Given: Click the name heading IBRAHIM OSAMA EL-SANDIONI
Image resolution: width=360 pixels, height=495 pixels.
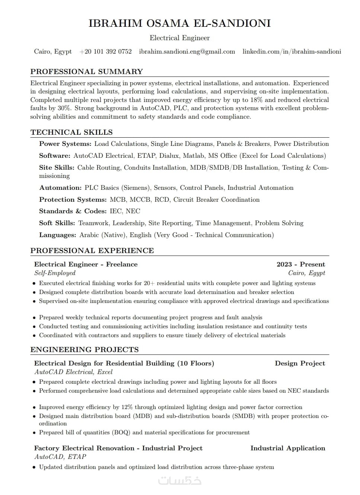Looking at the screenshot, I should tap(180, 23).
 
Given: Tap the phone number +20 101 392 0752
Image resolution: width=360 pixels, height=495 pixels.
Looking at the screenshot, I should tap(106, 52).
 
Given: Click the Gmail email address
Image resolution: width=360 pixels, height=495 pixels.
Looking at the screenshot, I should tap(187, 52).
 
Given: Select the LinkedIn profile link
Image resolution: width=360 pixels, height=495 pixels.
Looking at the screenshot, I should tap(291, 52).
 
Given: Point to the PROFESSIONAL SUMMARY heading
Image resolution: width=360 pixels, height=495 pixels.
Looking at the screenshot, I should tap(87, 71).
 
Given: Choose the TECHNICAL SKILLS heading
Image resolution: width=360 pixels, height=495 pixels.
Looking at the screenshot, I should tap(71, 132).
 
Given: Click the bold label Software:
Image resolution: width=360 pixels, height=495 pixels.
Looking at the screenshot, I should tap(54, 156).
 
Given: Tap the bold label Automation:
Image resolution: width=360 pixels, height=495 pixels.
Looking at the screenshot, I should tap(60, 188).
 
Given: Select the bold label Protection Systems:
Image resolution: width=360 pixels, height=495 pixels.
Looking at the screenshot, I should tap(73, 199).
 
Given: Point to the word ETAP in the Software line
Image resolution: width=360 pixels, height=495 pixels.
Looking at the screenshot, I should tap(146, 156).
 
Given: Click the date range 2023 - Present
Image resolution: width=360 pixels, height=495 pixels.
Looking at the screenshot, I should tap(300, 264).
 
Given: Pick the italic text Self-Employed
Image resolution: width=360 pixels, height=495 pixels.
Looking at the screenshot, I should tap(55, 273).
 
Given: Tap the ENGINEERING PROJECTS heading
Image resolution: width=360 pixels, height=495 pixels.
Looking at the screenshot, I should tap(85, 349).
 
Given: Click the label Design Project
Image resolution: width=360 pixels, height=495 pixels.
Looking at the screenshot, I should tap(300, 363).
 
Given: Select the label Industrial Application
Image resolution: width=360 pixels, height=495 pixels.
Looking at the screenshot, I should tap(287, 448).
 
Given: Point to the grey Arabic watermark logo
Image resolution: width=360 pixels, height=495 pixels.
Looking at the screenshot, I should tap(180, 480).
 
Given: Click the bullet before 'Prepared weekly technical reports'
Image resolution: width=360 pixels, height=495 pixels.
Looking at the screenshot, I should tap(34, 318).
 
